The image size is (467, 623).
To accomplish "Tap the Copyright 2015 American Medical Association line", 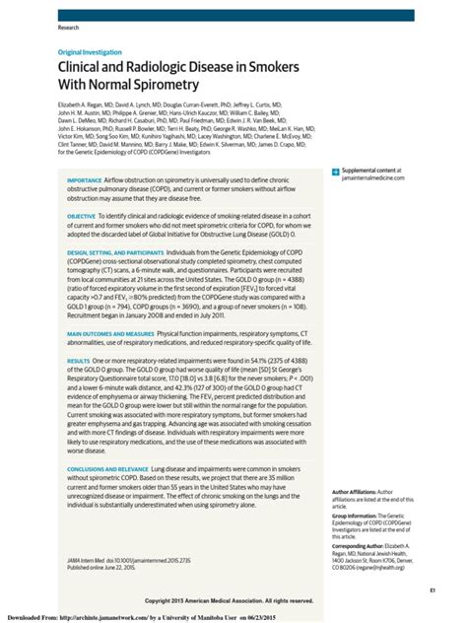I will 229,599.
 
